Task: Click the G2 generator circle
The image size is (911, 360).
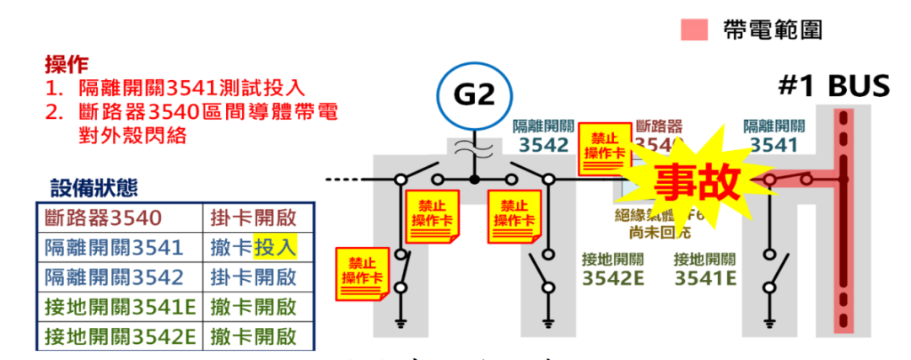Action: pos(473,94)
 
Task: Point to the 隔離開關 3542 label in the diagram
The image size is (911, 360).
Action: pos(544,135)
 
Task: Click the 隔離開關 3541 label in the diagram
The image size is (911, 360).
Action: pos(774,135)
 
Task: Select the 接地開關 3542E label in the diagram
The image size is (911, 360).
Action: pos(613,268)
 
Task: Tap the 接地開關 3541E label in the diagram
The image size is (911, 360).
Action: pos(705,268)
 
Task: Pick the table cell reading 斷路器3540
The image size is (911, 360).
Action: pos(103,218)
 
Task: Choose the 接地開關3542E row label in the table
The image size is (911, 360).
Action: pos(119,336)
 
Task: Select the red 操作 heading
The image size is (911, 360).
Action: pos(67,63)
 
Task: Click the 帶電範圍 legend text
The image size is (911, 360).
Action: pos(772,31)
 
